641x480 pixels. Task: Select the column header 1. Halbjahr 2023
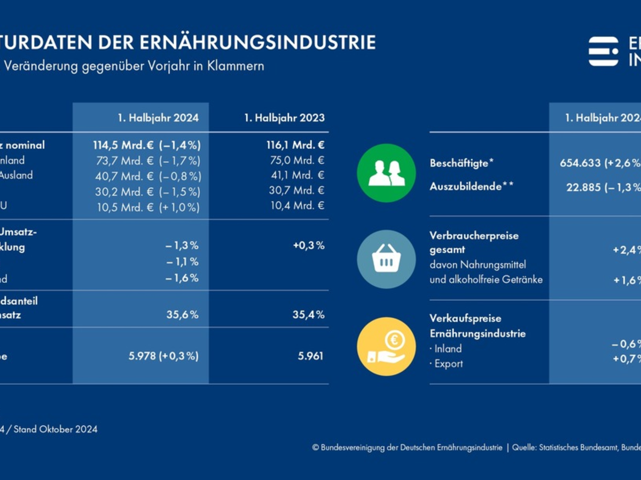click(x=284, y=118)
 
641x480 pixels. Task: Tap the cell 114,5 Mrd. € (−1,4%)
click(x=146, y=145)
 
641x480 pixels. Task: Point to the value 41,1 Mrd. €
click(x=297, y=175)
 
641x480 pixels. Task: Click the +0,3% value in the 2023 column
click(x=309, y=245)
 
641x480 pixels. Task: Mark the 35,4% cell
click(x=308, y=315)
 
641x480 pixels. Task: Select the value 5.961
click(x=310, y=356)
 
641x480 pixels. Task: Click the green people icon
click(x=386, y=173)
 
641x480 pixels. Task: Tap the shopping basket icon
click(x=386, y=259)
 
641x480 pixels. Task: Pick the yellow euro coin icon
click(x=386, y=346)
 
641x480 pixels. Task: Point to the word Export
click(x=449, y=364)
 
